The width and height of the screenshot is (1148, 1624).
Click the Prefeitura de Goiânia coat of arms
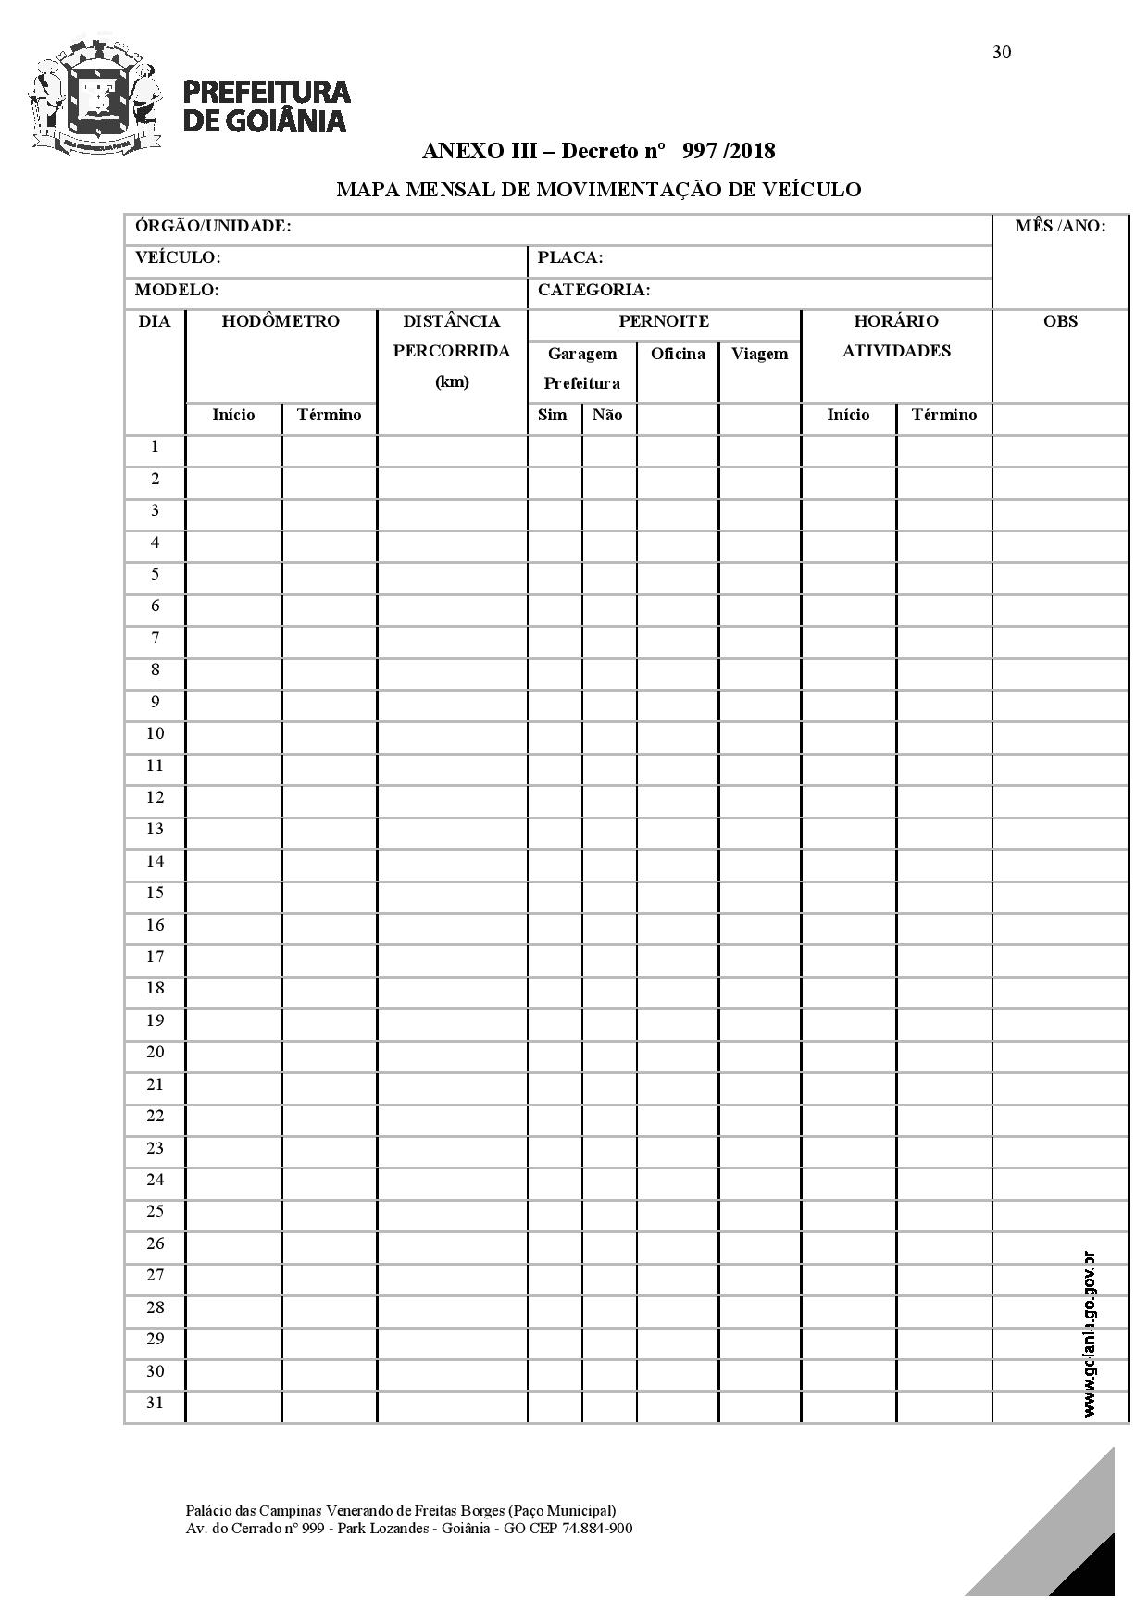95,95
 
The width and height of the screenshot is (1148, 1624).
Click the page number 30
1002,52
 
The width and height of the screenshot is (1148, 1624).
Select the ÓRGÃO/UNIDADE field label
213,226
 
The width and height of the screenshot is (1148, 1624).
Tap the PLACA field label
570,257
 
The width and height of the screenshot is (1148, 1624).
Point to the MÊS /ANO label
1060,226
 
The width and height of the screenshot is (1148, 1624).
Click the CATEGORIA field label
593,290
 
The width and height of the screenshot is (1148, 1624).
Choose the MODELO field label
177,290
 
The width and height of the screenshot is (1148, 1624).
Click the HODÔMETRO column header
281,321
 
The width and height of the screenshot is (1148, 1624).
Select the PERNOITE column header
664,321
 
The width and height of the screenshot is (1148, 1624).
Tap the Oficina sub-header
678,354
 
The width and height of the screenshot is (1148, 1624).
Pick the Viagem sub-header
759,354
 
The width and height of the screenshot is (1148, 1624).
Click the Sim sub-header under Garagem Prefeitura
553,415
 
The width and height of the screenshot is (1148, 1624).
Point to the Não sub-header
607,415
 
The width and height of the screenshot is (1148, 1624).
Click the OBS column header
1060,321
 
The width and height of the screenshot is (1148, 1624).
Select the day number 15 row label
155,893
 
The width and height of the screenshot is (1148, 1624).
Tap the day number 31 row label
155,1403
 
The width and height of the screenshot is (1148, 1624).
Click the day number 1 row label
155,446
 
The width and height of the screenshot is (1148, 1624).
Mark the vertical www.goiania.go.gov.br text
1090,1333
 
